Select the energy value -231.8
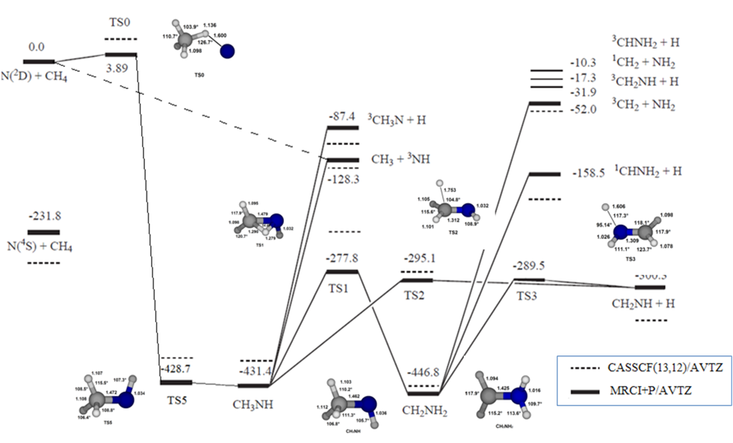coord(43,217)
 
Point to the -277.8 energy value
coord(343,259)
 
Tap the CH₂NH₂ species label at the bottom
coord(424,409)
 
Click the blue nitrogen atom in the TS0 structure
coord(228,50)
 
